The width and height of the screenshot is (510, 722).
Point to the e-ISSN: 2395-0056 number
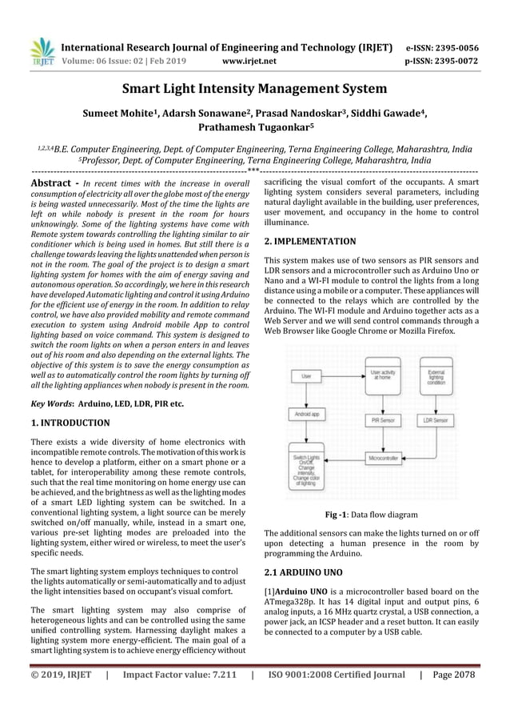point(442,47)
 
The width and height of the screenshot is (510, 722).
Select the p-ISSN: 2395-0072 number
point(442,59)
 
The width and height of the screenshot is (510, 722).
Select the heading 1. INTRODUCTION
point(70,423)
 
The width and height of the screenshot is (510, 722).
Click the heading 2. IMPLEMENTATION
point(310,240)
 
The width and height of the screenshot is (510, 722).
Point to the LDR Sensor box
point(435,419)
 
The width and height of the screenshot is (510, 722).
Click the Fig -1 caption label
point(340,515)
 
